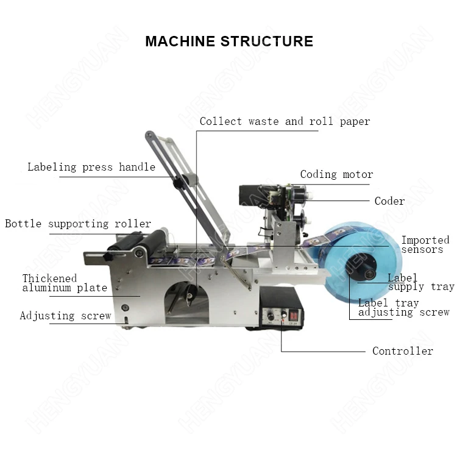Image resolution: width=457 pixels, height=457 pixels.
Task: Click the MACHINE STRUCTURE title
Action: click(x=229, y=41)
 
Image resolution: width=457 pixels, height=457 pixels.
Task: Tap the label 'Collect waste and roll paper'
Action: click(x=285, y=121)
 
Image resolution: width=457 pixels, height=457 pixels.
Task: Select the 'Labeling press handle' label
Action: click(x=91, y=167)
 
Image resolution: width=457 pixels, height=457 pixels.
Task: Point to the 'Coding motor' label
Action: click(x=336, y=174)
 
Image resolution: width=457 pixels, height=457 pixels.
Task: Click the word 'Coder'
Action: click(x=390, y=201)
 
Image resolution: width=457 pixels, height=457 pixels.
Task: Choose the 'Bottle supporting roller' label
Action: click(x=78, y=224)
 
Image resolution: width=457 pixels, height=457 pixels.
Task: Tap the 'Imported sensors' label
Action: click(x=425, y=244)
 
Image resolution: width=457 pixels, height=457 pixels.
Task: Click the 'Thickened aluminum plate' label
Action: click(x=65, y=283)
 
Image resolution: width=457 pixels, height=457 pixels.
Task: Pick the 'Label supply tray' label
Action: click(x=421, y=282)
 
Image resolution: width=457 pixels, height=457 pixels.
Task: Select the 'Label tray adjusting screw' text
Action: click(x=403, y=308)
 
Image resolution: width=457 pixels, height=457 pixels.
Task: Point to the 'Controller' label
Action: click(x=403, y=350)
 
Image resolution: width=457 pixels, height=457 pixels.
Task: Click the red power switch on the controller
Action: click(x=293, y=315)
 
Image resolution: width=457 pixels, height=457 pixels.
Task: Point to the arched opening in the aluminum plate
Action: click(x=187, y=302)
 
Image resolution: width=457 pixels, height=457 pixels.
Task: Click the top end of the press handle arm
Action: click(x=149, y=135)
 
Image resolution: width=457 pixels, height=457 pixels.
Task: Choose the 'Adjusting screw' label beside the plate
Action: click(x=66, y=316)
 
